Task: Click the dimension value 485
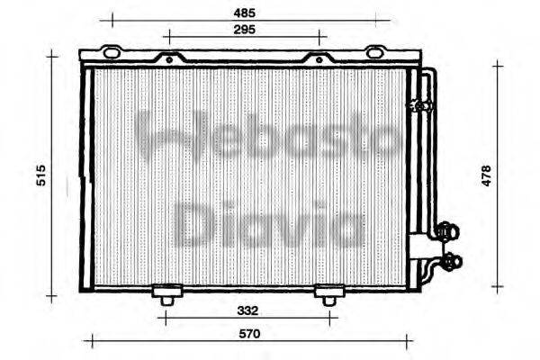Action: (243, 13)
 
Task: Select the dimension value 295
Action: (243, 30)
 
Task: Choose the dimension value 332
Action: (248, 310)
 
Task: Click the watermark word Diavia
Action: (267, 223)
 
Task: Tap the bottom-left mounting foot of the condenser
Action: (166, 294)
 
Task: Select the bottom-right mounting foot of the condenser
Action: (328, 294)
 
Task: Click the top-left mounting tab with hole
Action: (111, 53)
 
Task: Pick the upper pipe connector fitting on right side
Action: (444, 233)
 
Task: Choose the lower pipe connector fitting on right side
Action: (448, 263)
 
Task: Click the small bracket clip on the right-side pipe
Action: (418, 105)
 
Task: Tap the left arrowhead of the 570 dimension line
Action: (88, 341)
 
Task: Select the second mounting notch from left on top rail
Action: (166, 59)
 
